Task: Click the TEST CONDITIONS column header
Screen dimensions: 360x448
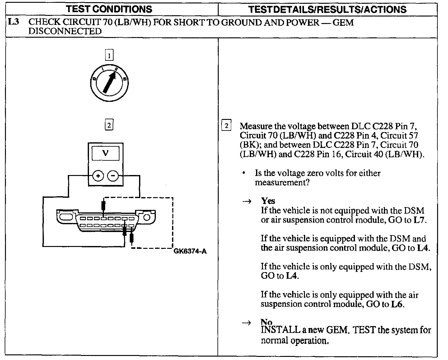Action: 109,9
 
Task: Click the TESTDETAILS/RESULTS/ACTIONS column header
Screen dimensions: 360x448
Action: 328,9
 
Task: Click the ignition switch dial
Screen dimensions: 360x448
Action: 109,83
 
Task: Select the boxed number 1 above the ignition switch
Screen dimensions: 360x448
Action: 109,56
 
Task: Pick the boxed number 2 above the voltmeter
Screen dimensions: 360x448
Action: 109,125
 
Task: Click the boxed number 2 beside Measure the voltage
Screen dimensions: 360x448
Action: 226,126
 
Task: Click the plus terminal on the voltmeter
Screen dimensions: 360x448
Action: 98,176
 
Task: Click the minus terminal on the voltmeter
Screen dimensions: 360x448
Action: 113,176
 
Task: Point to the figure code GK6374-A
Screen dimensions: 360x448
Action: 190,251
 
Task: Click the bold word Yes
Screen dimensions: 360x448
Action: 268,201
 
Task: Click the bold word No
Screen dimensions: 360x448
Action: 266,322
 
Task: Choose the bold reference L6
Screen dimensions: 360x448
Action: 397,304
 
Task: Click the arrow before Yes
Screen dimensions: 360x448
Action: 246,201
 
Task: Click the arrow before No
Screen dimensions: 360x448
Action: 246,323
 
